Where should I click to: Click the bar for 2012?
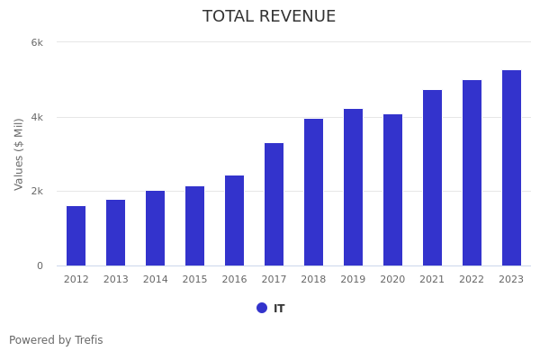click(x=76, y=236)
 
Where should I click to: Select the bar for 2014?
click(x=155, y=229)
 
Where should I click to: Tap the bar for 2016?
click(x=234, y=220)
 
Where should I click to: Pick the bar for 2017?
click(x=274, y=204)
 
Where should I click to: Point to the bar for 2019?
click(x=353, y=187)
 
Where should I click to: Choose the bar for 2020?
click(x=392, y=190)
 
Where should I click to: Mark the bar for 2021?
click(x=432, y=178)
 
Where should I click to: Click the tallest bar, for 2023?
click(x=511, y=168)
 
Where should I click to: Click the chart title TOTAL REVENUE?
click(x=269, y=17)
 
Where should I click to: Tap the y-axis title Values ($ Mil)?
click(x=19, y=154)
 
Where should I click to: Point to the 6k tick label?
click(x=37, y=42)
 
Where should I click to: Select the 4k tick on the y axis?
click(x=37, y=117)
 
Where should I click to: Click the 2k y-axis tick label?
click(x=37, y=192)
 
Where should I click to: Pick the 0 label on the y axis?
click(x=40, y=265)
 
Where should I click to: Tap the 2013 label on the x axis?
click(x=115, y=280)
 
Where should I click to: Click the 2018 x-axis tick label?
click(x=313, y=280)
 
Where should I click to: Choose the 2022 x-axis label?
click(x=472, y=280)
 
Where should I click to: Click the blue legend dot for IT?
click(x=262, y=308)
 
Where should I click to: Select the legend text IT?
click(x=279, y=309)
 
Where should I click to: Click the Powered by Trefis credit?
click(x=56, y=340)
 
